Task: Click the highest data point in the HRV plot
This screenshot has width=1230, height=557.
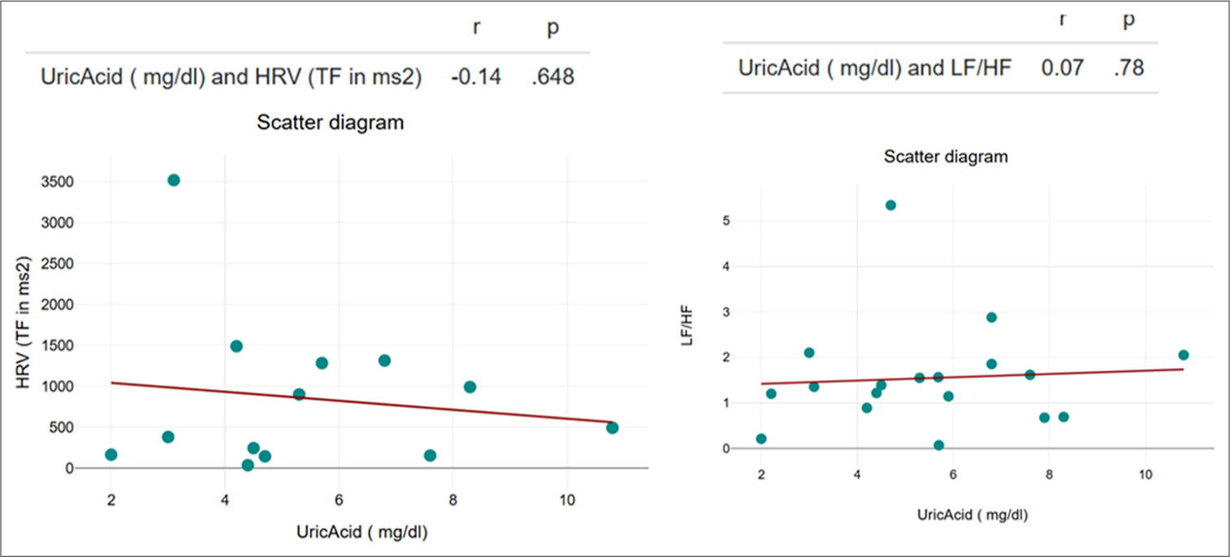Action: point(173,180)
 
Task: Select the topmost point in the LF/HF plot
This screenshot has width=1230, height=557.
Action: point(890,205)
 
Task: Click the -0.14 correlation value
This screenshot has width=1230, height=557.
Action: point(476,77)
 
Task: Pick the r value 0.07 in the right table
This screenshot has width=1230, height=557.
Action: point(1062,67)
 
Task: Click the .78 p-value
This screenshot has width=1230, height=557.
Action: point(1128,67)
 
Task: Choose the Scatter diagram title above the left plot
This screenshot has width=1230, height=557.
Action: point(331,123)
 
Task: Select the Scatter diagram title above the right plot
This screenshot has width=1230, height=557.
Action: point(945,158)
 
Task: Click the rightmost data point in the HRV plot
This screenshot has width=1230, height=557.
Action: point(612,428)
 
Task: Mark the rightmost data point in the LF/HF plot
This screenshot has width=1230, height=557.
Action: point(1183,355)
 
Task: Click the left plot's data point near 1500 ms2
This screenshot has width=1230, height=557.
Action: point(236,346)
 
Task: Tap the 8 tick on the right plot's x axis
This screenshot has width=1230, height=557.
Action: point(1049,474)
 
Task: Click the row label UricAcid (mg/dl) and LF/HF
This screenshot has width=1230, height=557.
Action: point(874,67)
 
